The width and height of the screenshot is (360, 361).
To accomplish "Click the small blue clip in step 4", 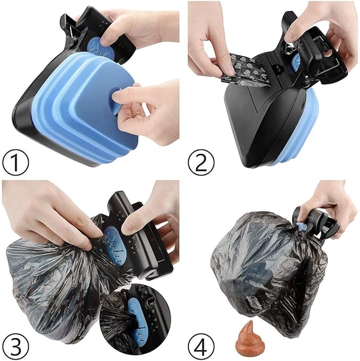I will click(301, 227).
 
